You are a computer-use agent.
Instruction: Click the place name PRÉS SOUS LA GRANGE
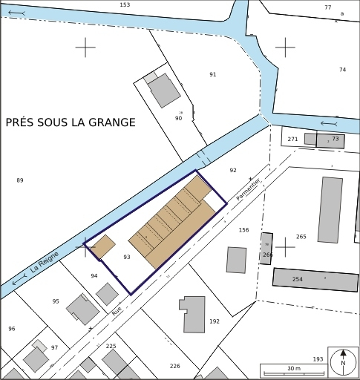pyautogui.click(x=71, y=122)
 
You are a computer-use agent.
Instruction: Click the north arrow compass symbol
pyautogui.click(x=342, y=361)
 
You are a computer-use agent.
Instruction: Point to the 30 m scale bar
pyautogui.click(x=294, y=370)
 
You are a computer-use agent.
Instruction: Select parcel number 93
pyautogui.click(x=127, y=257)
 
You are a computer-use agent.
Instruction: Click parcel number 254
pyautogui.click(x=298, y=279)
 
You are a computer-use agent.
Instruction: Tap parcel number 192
pyautogui.click(x=215, y=321)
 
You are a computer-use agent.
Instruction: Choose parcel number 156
pyautogui.click(x=243, y=230)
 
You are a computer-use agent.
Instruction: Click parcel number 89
pyautogui.click(x=20, y=180)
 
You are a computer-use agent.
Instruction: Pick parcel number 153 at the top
pyautogui.click(x=125, y=5)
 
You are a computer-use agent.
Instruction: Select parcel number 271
pyautogui.click(x=292, y=139)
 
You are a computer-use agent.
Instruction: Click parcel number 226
pyautogui.click(x=175, y=366)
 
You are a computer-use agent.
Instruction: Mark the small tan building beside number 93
pyautogui.click(x=102, y=246)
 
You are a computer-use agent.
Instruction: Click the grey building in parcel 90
pyautogui.click(x=164, y=91)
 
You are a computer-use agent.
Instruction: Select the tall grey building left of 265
pyautogui.click(x=330, y=209)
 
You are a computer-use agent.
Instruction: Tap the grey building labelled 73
pyautogui.click(x=331, y=140)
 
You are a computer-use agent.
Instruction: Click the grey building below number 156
pyautogui.click(x=236, y=260)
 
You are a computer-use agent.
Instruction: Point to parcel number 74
pyautogui.click(x=342, y=70)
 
